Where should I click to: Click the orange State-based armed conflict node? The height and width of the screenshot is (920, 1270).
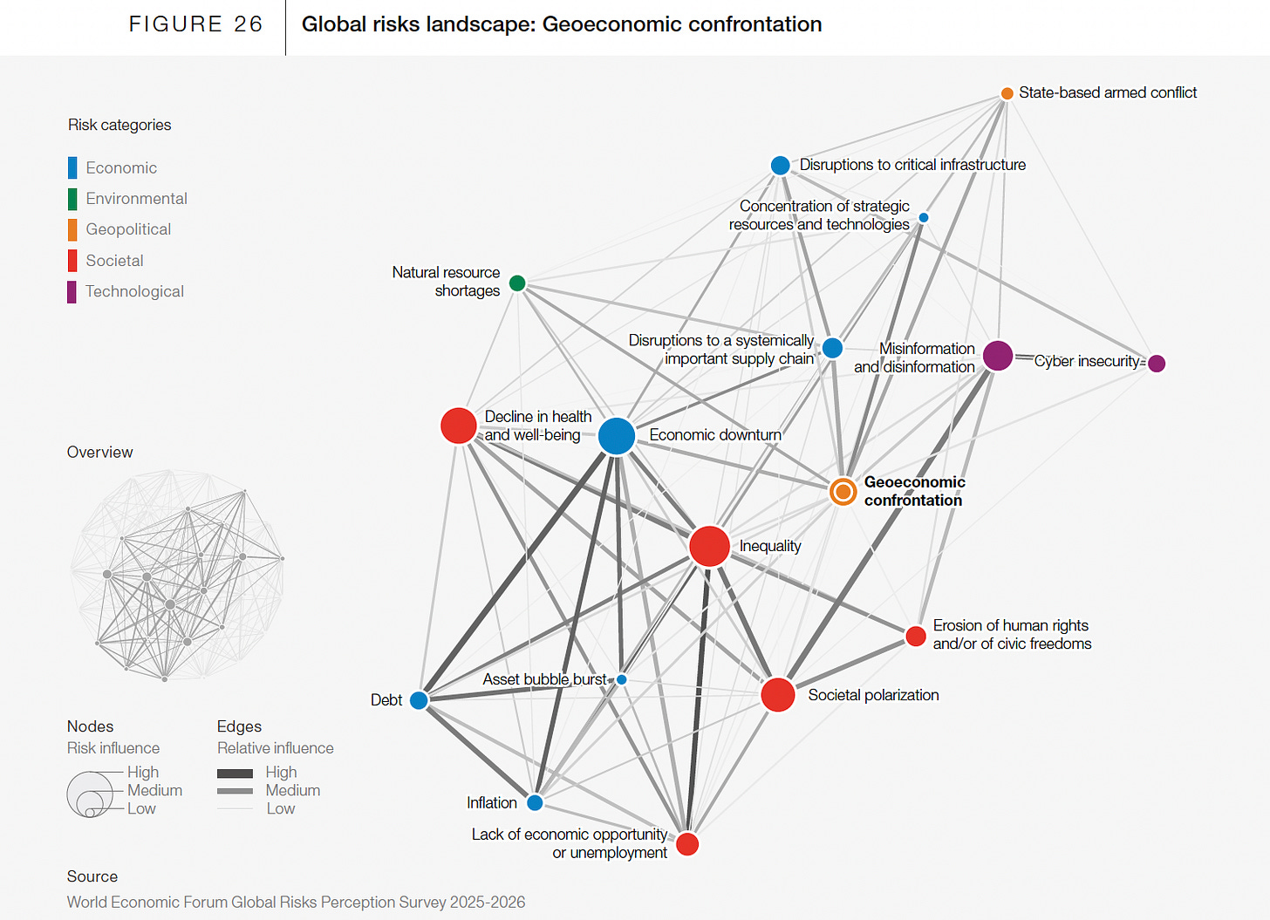click(1007, 93)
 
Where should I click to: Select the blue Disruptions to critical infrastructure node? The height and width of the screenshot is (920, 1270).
click(780, 166)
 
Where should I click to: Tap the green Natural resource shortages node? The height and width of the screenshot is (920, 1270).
click(517, 283)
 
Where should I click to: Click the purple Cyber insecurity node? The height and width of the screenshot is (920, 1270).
click(1157, 363)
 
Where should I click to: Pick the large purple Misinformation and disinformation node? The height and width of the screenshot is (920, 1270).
click(998, 356)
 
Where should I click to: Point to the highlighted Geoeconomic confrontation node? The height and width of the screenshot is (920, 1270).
click(843, 492)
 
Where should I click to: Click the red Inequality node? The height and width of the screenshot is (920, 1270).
click(709, 547)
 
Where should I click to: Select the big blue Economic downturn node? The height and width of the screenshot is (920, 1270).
click(617, 436)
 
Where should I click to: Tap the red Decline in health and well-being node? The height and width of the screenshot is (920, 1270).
click(458, 426)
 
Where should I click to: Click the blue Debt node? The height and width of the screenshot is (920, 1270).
click(419, 700)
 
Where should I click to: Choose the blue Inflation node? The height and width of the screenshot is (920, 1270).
click(535, 802)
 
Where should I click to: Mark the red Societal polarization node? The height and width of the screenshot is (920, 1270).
click(777, 695)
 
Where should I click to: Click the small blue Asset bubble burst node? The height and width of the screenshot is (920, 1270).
click(622, 679)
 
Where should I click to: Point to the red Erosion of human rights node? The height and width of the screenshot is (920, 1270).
click(915, 636)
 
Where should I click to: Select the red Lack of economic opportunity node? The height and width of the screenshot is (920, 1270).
click(687, 844)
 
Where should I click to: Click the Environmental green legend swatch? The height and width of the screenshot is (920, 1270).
click(72, 199)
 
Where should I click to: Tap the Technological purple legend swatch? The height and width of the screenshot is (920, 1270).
click(72, 291)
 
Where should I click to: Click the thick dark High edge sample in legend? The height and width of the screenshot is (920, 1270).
click(235, 773)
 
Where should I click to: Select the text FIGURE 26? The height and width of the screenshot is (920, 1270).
click(195, 24)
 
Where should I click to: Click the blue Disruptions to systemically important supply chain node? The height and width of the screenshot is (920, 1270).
click(832, 348)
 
